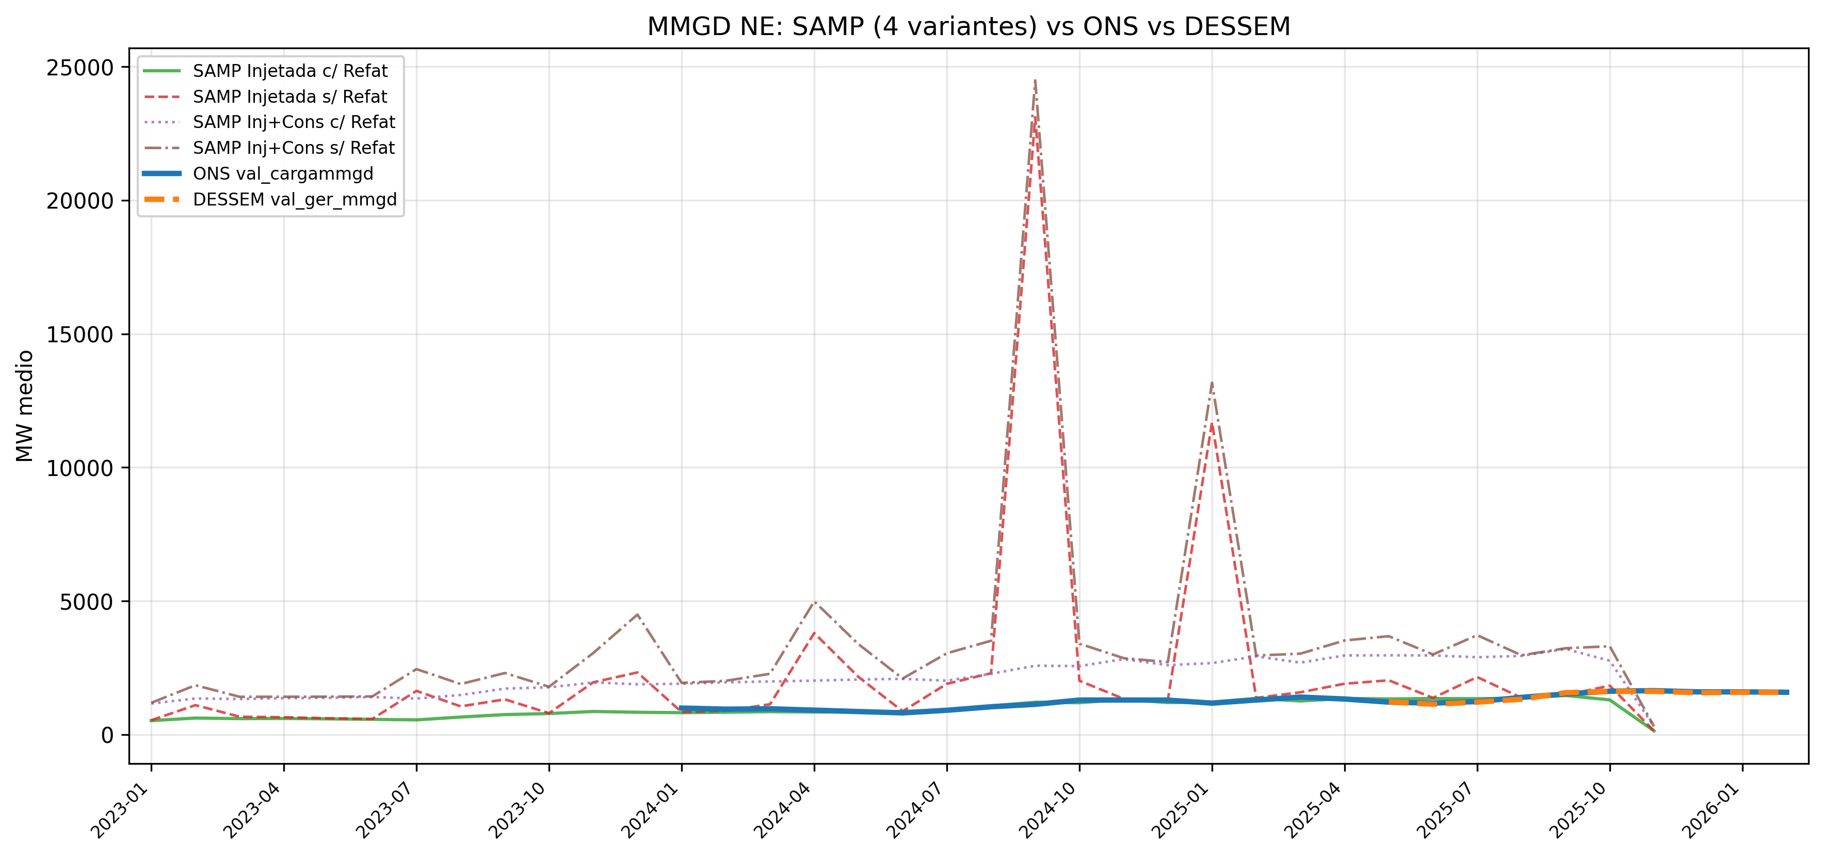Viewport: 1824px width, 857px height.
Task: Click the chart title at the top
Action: (x=968, y=27)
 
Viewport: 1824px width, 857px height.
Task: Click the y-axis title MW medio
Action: (x=25, y=406)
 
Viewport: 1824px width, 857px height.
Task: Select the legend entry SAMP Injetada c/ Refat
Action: (x=289, y=71)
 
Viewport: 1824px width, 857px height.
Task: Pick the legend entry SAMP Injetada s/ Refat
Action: (x=289, y=97)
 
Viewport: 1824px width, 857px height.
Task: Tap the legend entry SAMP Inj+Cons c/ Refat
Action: (x=294, y=122)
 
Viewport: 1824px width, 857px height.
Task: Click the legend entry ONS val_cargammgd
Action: (x=283, y=173)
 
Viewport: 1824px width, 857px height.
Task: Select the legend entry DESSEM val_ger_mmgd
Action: (x=295, y=199)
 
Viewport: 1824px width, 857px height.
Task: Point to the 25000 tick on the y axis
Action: (x=79, y=68)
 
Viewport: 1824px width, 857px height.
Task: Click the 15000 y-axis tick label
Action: (x=79, y=335)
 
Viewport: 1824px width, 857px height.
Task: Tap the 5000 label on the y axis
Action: (x=86, y=602)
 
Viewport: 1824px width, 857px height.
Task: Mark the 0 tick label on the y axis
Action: (x=107, y=735)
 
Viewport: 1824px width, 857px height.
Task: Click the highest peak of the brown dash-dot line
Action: (x=1035, y=80)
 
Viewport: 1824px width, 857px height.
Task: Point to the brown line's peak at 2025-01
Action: (x=1212, y=383)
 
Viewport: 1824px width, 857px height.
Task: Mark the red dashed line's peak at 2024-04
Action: (x=814, y=632)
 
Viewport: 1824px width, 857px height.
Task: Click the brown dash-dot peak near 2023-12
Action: (x=637, y=614)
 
